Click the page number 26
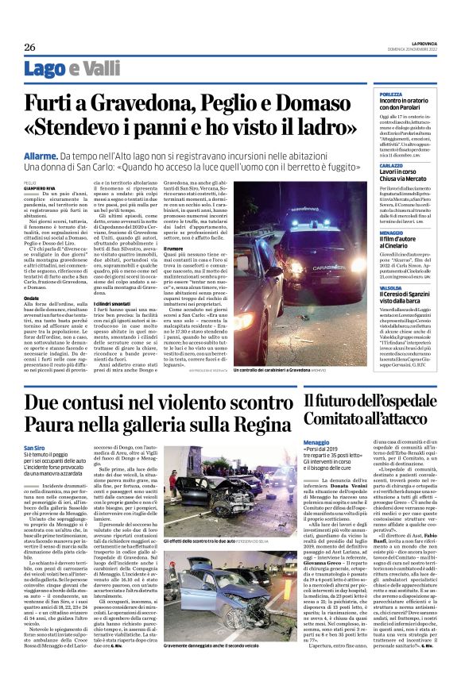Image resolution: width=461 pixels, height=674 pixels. (29, 48)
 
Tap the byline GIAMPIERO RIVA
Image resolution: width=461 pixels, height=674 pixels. (40, 187)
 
